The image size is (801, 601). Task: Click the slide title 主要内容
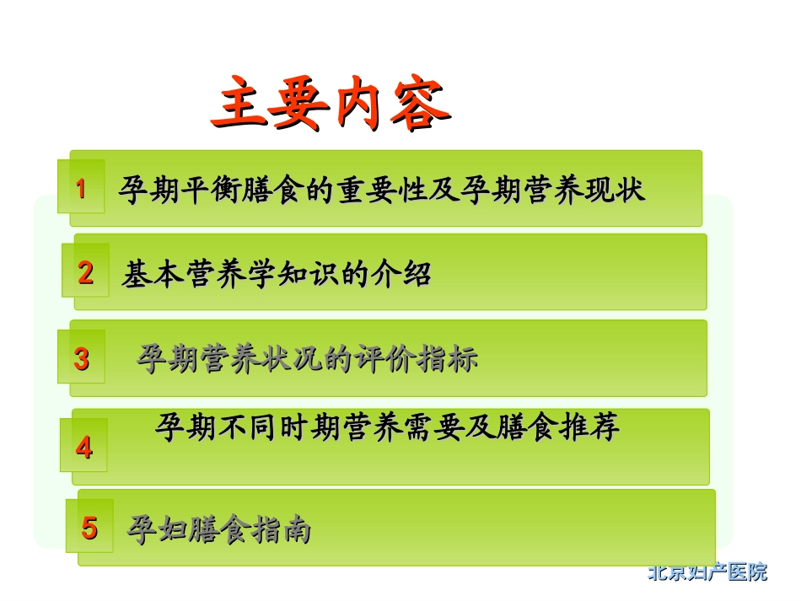(x=330, y=106)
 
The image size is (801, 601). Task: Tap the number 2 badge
(x=85, y=273)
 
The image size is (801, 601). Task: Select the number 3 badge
(x=81, y=359)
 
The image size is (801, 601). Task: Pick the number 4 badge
(x=83, y=447)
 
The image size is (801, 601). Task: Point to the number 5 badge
(x=89, y=529)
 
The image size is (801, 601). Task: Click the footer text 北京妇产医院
(x=707, y=572)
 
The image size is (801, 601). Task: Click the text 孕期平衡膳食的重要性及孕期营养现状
(x=382, y=189)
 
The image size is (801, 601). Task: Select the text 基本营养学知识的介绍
(x=277, y=274)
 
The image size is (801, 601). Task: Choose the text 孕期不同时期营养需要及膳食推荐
(x=387, y=427)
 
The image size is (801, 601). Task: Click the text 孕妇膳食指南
(x=219, y=529)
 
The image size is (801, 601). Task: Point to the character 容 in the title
(x=421, y=106)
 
